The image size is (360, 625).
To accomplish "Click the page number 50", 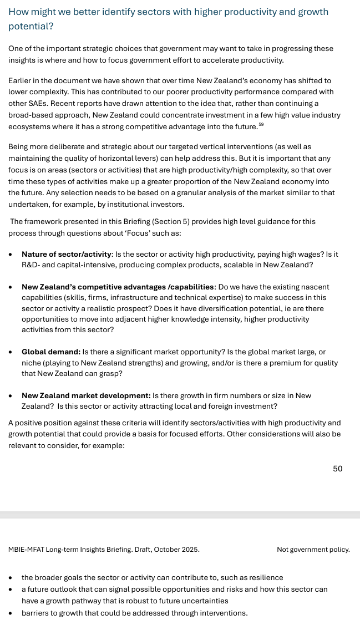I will [337, 469].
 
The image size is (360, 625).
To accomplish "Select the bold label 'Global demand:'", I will [50, 352].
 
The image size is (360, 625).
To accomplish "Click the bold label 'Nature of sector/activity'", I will [67, 254].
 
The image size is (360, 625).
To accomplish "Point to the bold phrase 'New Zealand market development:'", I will [86, 395].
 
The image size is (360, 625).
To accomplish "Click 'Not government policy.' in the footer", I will [313, 550].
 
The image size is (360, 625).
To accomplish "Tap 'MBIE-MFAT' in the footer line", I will [26, 550].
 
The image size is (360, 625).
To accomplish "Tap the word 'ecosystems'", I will [28, 126].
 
